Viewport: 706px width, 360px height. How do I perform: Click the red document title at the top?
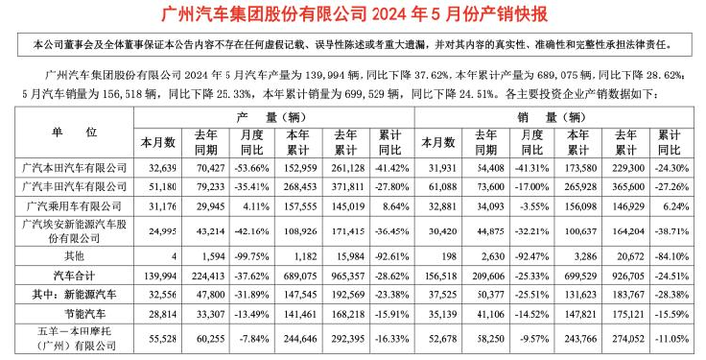pos(354,14)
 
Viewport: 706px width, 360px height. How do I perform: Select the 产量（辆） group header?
pos(273,117)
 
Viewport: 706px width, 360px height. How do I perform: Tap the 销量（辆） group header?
pos(553,117)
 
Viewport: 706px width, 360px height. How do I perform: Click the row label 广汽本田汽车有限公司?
pos(75,168)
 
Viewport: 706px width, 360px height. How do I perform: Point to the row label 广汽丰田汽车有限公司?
pos(75,186)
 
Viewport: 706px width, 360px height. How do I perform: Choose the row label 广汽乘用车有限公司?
pos(75,206)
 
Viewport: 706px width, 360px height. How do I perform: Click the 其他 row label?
pos(75,256)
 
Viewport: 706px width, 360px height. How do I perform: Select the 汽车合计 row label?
pos(75,276)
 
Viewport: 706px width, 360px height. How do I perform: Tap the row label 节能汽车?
pos(85,314)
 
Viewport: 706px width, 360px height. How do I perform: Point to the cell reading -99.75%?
pos(252,256)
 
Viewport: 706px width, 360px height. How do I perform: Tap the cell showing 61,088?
pos(442,187)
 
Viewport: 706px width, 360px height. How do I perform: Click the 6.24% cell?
pos(678,206)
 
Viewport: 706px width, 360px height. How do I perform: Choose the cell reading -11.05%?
pos(673,339)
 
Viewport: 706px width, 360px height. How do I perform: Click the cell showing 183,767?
pos(629,294)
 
